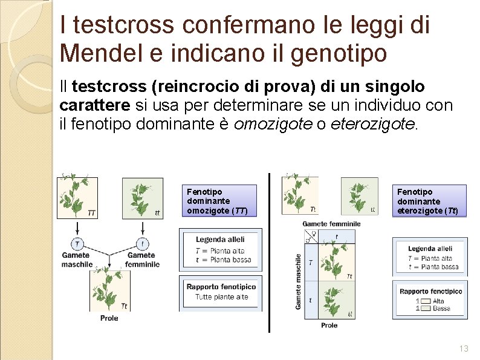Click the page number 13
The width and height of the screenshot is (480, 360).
coord(464,349)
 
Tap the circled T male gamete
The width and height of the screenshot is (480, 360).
coord(77,244)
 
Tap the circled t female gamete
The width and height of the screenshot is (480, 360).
coord(142,244)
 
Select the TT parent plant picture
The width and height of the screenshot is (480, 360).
coord(77,197)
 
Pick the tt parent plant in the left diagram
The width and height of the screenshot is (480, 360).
coord(143,197)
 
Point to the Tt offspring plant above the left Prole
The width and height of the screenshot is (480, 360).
coord(109,289)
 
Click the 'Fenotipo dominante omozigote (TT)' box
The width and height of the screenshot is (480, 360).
coord(218,201)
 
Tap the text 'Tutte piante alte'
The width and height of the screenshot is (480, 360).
coord(221,297)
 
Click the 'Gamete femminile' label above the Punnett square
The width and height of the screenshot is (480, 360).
coord(331,224)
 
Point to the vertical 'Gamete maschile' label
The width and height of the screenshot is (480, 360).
coord(298,281)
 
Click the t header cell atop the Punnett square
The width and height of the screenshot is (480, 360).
coord(337,237)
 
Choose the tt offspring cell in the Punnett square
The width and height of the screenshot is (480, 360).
coord(336,300)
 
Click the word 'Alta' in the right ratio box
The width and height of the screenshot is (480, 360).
coord(438,301)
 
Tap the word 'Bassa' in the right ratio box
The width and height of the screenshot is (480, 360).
coord(441,309)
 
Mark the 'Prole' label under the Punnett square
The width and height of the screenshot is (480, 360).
coord(329,326)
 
